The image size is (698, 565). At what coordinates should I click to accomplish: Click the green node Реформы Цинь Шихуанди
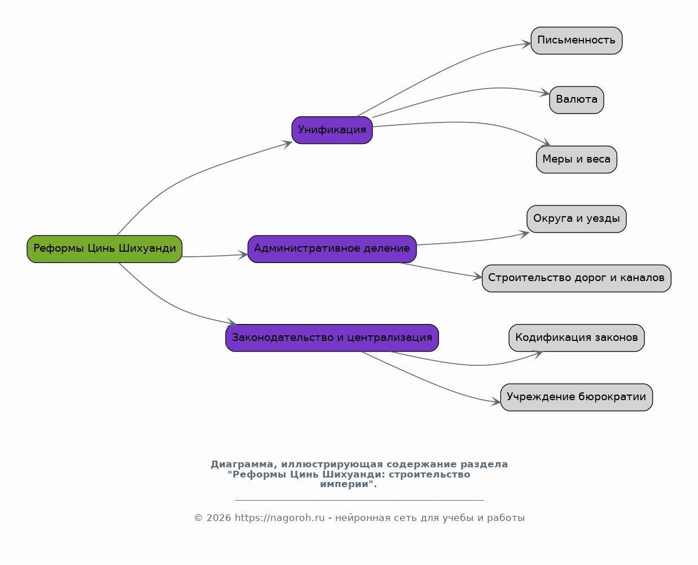[x=104, y=249]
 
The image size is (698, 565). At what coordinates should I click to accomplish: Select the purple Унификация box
[x=332, y=130]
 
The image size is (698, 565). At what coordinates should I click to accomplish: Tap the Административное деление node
[x=332, y=249]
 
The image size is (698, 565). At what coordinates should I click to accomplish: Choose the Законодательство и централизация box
[x=332, y=338]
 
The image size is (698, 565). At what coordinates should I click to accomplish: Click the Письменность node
[x=577, y=41]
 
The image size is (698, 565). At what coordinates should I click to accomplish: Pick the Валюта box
[x=577, y=100]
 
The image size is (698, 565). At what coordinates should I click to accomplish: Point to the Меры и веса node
[x=577, y=160]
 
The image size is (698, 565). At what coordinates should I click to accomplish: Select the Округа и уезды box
[x=577, y=219]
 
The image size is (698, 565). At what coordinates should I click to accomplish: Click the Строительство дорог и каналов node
[x=577, y=279]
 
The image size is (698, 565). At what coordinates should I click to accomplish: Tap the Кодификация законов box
[x=577, y=338]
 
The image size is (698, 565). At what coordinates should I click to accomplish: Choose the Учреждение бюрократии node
[x=577, y=397]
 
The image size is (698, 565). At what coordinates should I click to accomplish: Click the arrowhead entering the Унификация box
[x=288, y=144]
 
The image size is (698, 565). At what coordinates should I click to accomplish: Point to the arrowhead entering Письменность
[x=526, y=44]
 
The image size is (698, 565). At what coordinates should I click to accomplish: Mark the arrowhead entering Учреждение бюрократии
[x=496, y=401]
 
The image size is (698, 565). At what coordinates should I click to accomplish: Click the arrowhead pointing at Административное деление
[x=243, y=255]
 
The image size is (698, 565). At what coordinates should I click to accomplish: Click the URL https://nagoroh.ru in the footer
[x=279, y=518]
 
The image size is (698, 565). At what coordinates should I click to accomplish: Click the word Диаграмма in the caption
[x=242, y=465]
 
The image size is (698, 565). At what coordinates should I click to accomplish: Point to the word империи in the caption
[x=344, y=484]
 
